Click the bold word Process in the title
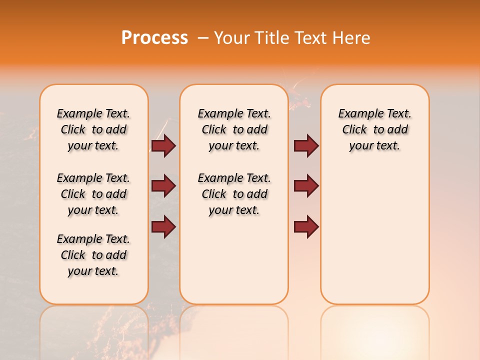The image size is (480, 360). click(154, 38)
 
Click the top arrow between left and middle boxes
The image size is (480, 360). click(163, 145)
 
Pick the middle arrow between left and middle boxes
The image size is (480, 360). click(163, 186)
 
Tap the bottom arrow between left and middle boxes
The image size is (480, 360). click(163, 226)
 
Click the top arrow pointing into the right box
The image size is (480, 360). click(306, 145)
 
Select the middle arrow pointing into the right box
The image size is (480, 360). click(306, 186)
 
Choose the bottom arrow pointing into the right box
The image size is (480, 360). click(306, 226)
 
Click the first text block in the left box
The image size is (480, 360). click(93, 129)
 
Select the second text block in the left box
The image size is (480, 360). click(93, 194)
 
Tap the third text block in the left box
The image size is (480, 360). click(93, 255)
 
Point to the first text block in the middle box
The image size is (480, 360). click(234, 129)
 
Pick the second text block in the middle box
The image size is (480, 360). click(234, 194)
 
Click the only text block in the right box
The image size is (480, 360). click(374, 129)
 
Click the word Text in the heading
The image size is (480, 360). click(311, 38)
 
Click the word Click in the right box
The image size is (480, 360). click(354, 130)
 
